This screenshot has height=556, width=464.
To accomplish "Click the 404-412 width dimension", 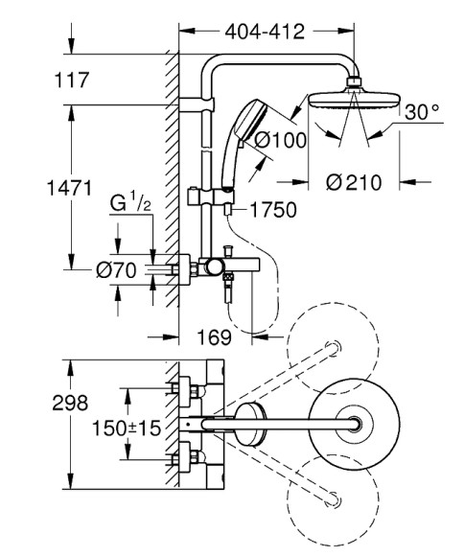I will (x=264, y=32).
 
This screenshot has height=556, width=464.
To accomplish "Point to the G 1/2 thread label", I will (x=129, y=203).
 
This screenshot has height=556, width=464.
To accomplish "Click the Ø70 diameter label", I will (x=116, y=271).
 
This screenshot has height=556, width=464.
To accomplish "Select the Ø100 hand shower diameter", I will (x=281, y=141).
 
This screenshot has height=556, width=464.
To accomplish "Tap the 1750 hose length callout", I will (x=274, y=209).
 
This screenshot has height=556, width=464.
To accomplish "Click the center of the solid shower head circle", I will (x=357, y=423).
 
